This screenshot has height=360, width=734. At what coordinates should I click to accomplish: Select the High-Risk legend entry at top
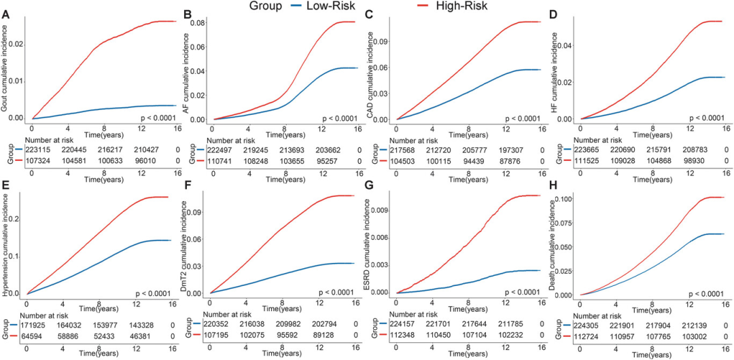[463, 6]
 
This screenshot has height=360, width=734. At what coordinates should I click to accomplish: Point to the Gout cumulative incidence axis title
[5, 69]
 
